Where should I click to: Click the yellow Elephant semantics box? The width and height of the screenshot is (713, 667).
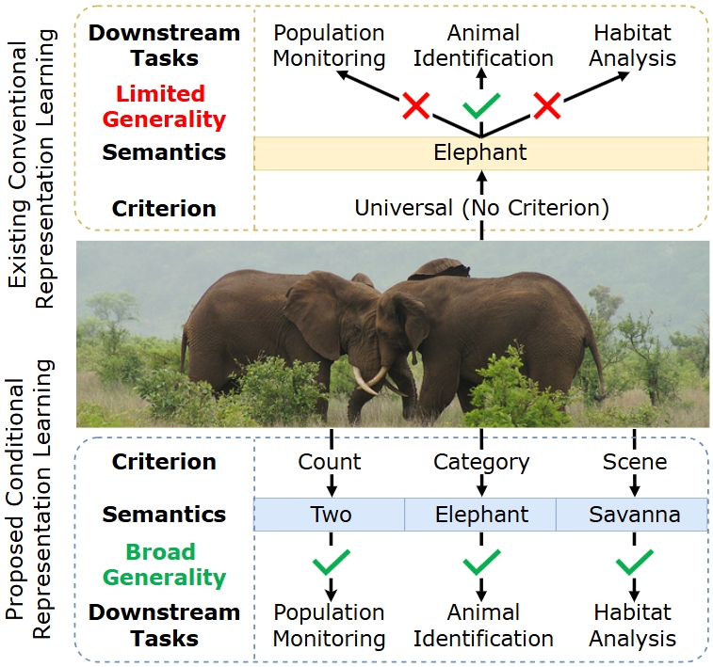pyautogui.click(x=481, y=153)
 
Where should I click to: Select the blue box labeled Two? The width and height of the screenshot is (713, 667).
pyautogui.click(x=330, y=515)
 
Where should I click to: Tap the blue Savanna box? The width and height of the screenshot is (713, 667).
pyautogui.click(x=632, y=515)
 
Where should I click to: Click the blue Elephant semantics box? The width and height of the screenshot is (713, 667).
pyautogui.click(x=481, y=515)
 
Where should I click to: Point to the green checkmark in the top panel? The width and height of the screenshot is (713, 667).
pyautogui.click(x=480, y=103)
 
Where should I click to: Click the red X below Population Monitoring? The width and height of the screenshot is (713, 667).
pyautogui.click(x=414, y=105)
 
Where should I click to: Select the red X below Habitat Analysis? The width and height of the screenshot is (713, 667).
pyautogui.click(x=547, y=105)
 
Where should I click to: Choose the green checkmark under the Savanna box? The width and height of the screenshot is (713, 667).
pyautogui.click(x=633, y=564)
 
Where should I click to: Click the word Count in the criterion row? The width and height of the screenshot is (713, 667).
pyautogui.click(x=330, y=462)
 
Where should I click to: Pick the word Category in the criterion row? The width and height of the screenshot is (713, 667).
pyautogui.click(x=481, y=462)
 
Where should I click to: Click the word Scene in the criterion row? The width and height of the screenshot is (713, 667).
pyautogui.click(x=634, y=462)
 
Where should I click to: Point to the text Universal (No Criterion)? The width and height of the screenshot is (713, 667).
pyautogui.click(x=481, y=207)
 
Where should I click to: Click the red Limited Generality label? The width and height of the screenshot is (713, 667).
pyautogui.click(x=165, y=106)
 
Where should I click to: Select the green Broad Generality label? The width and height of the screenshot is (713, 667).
pyautogui.click(x=149, y=564)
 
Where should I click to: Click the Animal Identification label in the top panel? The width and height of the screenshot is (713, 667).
pyautogui.click(x=481, y=45)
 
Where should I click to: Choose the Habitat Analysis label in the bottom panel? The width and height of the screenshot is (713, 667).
pyautogui.click(x=633, y=626)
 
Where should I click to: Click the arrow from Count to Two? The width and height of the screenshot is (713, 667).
pyautogui.click(x=330, y=485)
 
